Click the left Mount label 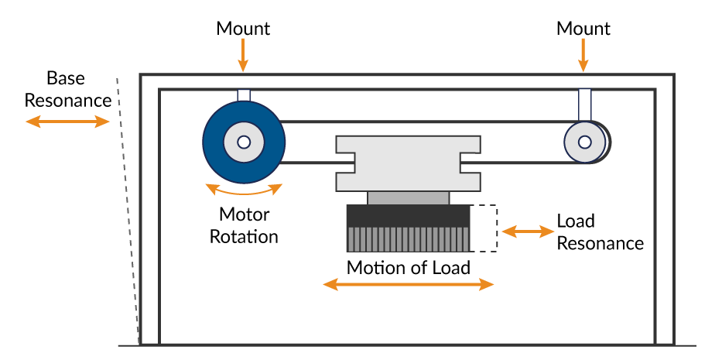pos(243,29)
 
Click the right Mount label pos(583,29)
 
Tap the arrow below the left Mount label pos(243,55)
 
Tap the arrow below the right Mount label pos(583,55)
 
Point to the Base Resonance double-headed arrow pos(67,122)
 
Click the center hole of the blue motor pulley pos(244,142)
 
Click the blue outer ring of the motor pos(214,142)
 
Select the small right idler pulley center pos(584,142)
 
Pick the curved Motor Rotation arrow pos(244,190)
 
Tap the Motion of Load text pos(408,268)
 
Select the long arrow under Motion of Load pos(408,285)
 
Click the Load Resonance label pos(600,231)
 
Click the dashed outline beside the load pos(484,228)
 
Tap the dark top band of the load pos(408,215)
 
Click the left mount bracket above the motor pos(244,96)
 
